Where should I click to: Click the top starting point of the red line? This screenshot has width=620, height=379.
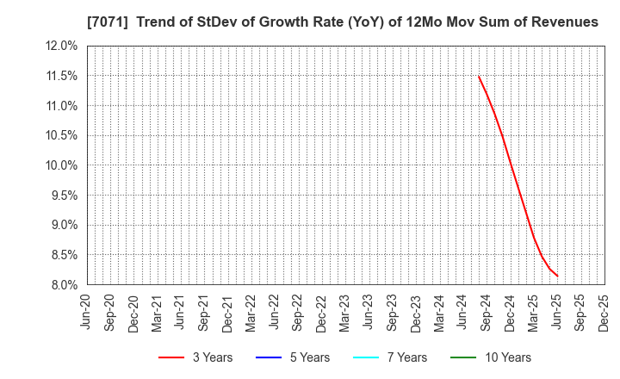point(479,76)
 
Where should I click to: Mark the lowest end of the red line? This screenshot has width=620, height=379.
point(557,276)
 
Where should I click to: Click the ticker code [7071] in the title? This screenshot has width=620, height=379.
point(102,22)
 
